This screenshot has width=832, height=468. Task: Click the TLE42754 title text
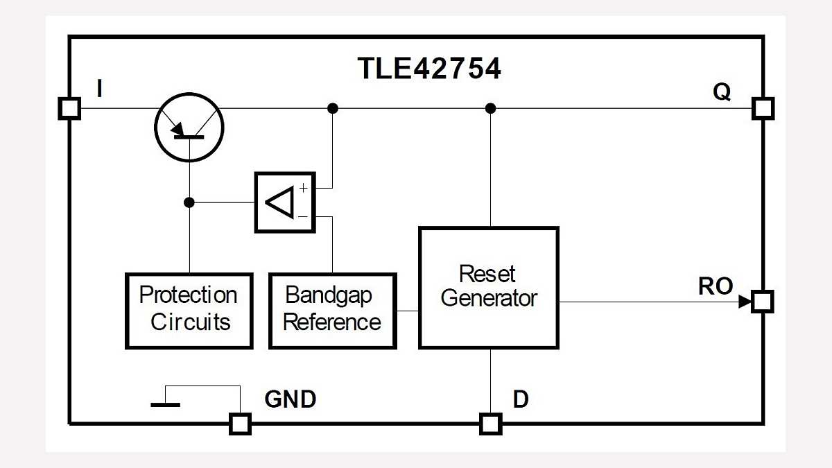point(428,69)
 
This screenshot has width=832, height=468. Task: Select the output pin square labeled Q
point(763,109)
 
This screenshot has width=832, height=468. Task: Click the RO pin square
point(763,302)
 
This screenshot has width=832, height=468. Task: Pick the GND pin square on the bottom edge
point(240,424)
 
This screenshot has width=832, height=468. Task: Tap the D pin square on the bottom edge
point(490,424)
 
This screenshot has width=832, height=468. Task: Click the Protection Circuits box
point(189,310)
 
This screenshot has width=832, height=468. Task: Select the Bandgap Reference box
point(332,310)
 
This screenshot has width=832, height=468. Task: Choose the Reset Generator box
point(489,288)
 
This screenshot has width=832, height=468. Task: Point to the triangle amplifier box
point(285,202)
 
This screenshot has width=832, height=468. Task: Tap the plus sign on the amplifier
point(303,188)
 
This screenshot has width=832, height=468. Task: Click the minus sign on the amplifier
point(303,217)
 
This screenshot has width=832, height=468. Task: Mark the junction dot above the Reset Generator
point(490,108)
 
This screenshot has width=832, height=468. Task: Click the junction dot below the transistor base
point(189,202)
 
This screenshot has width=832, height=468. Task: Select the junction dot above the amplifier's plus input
point(333,108)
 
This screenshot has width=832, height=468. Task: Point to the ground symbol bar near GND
point(165,404)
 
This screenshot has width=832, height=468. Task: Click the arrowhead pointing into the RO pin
point(745,302)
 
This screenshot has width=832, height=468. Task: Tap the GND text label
point(291,399)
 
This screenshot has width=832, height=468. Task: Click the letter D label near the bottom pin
point(521,399)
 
